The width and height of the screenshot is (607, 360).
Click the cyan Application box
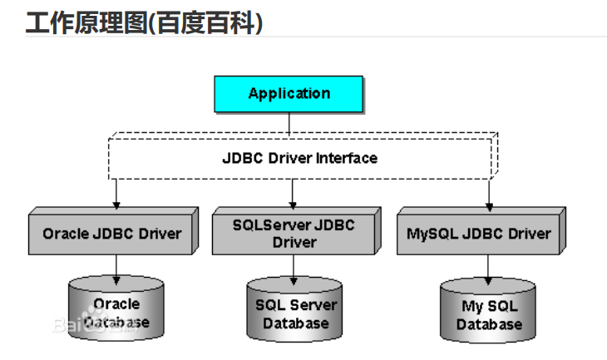point(289,94)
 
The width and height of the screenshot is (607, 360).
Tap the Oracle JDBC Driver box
point(111,234)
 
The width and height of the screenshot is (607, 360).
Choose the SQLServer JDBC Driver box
point(294,234)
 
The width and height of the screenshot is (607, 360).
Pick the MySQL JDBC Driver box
point(478,234)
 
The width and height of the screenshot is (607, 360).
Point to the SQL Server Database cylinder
point(296,313)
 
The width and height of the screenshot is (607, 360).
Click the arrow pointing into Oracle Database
point(116,269)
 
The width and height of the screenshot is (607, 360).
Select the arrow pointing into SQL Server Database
point(293,269)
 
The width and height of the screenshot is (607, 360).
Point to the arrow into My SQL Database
point(488,271)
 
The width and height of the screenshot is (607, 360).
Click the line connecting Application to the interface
point(289,123)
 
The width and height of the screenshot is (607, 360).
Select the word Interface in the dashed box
point(347,158)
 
